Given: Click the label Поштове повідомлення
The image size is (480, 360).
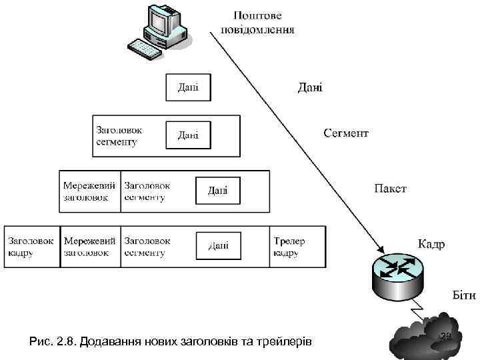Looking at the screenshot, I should [x=257, y=22].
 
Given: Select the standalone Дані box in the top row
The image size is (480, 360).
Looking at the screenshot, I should [x=188, y=87].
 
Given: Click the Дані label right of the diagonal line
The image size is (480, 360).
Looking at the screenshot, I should [x=309, y=87].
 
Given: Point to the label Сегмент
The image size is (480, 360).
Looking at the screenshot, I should [x=346, y=133].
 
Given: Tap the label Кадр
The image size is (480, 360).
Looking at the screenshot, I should [x=432, y=243].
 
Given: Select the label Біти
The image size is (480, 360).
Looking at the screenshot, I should [x=445, y=295].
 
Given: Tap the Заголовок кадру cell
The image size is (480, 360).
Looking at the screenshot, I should [x=31, y=247].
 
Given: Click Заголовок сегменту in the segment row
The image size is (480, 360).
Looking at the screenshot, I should [x=119, y=136].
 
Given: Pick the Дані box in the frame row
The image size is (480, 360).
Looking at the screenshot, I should [x=218, y=246].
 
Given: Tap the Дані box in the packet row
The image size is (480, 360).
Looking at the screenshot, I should [x=218, y=191].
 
